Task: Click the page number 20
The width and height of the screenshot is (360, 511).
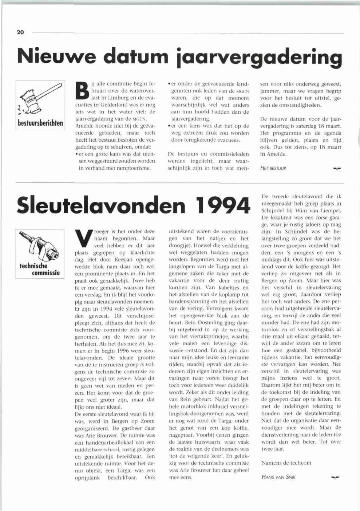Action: pyautogui.click(x=20, y=32)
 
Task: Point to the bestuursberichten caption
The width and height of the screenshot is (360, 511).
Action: pyautogui.click(x=40, y=123)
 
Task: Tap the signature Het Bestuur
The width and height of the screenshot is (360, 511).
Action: pyautogui.click(x=273, y=169)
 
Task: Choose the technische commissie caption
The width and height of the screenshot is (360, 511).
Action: pyautogui.click(x=40, y=269)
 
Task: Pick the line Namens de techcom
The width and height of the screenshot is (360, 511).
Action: pyautogui.click(x=286, y=463)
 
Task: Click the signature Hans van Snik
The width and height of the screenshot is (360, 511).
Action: pyautogui.click(x=278, y=477)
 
